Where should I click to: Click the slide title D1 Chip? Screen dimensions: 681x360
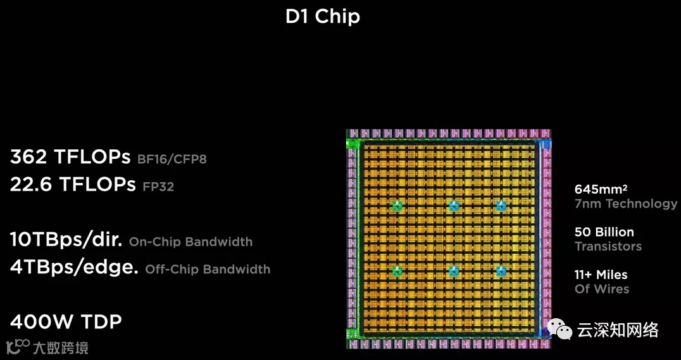click(x=323, y=16)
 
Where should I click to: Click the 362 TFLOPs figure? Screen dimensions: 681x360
click(x=70, y=156)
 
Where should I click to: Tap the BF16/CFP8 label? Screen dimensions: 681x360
click(x=172, y=159)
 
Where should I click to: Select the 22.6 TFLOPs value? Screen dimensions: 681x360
click(x=73, y=184)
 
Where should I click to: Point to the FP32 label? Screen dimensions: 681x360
click(x=158, y=187)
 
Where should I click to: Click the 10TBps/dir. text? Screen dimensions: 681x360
click(x=66, y=240)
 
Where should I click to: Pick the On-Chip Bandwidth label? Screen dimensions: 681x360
click(x=191, y=242)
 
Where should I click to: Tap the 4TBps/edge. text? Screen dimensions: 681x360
click(x=74, y=267)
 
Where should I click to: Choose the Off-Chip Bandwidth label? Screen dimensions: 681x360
click(x=208, y=269)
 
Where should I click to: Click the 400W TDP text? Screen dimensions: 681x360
click(x=66, y=321)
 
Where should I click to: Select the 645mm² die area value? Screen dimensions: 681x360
click(x=601, y=189)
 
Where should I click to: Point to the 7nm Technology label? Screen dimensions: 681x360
click(x=625, y=204)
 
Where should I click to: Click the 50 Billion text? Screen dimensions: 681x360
click(x=604, y=232)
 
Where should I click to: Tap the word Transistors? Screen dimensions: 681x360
click(x=608, y=246)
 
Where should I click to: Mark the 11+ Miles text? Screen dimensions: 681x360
click(x=601, y=275)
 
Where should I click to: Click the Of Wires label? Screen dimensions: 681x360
click(x=601, y=289)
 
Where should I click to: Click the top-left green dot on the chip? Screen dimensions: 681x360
click(x=397, y=206)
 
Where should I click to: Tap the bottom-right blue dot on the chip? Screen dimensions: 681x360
click(x=501, y=271)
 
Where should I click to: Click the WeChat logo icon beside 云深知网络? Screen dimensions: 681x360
click(x=561, y=329)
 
